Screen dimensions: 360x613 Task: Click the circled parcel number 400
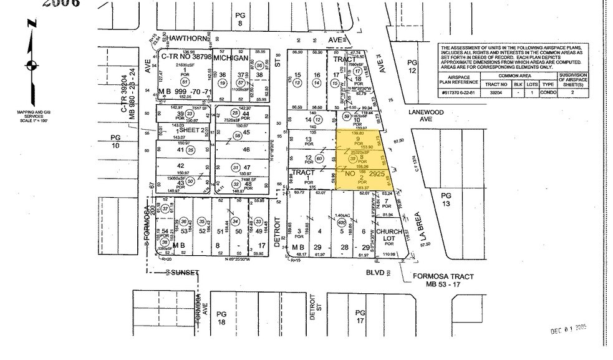click(x=341, y=221)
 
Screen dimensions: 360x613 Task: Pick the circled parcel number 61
click(x=184, y=81)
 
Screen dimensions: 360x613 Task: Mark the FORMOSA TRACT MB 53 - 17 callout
click(x=437, y=280)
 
